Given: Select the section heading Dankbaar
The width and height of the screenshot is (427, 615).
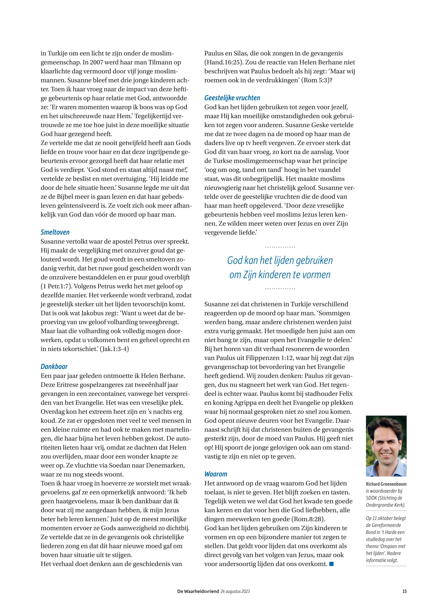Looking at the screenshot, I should click(54, 366).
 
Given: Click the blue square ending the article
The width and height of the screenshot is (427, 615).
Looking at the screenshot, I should click(331, 564).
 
